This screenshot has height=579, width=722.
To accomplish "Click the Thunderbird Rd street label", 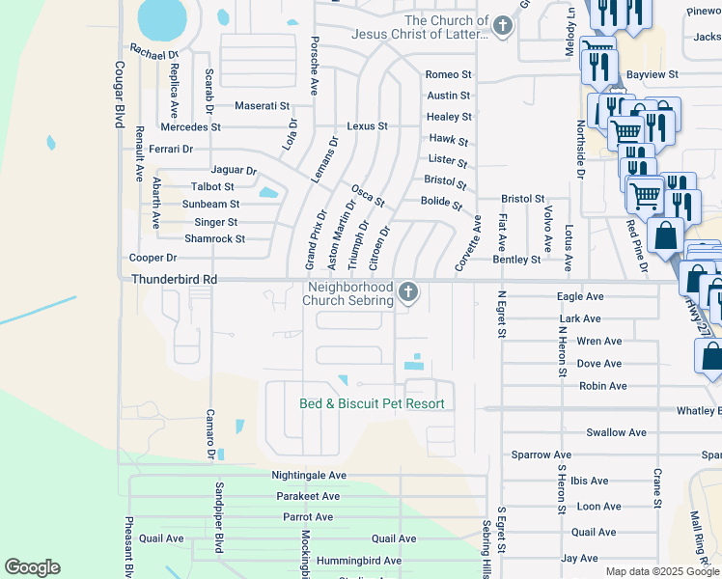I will [x=174, y=279].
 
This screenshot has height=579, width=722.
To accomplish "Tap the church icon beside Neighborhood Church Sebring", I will [x=409, y=291].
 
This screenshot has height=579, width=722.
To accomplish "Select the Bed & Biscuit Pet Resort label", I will [x=372, y=403].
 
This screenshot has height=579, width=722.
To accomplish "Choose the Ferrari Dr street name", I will [x=172, y=149].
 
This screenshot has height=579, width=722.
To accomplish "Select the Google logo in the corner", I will [x=32, y=567].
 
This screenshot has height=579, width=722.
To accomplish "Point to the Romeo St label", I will [x=448, y=74].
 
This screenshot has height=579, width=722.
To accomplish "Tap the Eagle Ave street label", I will [x=580, y=296].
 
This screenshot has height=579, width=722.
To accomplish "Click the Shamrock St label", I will [x=214, y=238].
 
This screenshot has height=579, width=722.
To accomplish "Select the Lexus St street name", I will [x=367, y=126].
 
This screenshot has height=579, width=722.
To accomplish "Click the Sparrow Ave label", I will [x=541, y=454].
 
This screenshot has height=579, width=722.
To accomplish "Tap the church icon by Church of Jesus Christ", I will [x=502, y=26].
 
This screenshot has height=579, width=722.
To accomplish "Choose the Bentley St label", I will [x=516, y=260].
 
